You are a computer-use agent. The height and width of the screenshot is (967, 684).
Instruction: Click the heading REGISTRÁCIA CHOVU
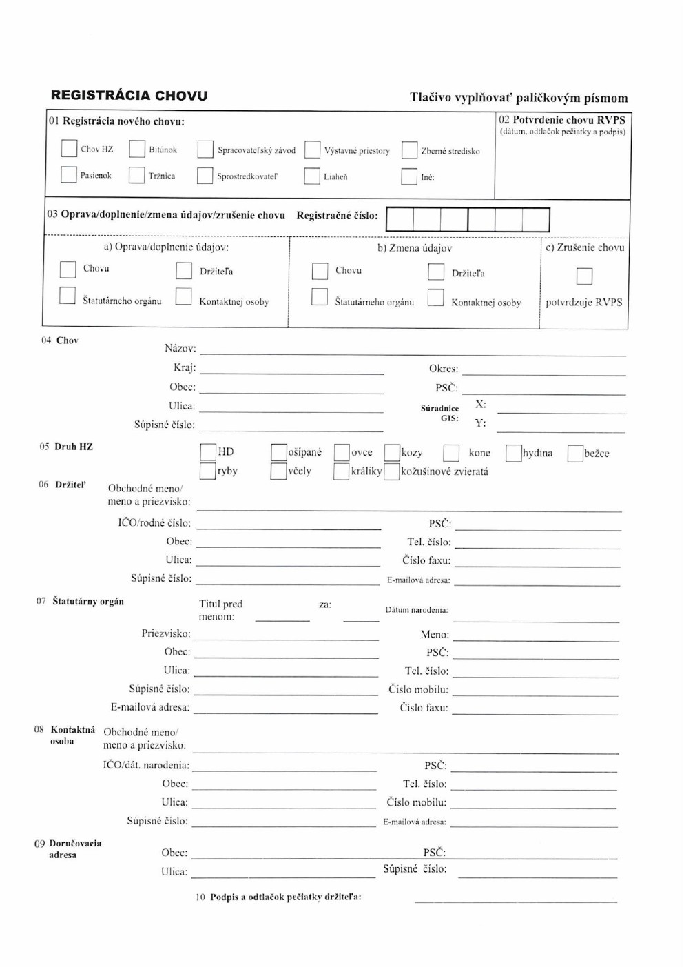[x=129, y=96]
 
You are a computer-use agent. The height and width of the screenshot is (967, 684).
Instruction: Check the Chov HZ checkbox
[x=69, y=149]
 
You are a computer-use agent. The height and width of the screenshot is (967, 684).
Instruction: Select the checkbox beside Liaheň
[x=312, y=176]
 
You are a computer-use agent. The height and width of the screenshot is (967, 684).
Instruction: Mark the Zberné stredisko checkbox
[x=409, y=150]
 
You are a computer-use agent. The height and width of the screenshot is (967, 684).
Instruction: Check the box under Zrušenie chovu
[x=584, y=276]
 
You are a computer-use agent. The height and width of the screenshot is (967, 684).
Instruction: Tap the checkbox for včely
[x=278, y=471]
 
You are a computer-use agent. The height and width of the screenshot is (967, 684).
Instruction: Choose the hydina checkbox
[x=513, y=453]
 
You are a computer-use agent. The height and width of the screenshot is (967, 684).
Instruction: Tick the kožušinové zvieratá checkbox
[x=391, y=472]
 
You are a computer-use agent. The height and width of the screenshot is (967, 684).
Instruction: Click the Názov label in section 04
[x=180, y=349]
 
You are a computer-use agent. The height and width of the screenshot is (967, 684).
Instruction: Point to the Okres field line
[x=543, y=374]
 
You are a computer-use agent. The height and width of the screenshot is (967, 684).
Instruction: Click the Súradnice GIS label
[x=439, y=414]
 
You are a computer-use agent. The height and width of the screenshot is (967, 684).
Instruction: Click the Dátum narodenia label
[x=417, y=610]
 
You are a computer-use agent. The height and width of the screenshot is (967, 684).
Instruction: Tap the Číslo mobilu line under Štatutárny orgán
[x=535, y=695]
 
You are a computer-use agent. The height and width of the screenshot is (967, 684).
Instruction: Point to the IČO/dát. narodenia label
[x=146, y=766]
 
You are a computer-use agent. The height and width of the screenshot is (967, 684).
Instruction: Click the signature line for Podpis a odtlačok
[x=515, y=901]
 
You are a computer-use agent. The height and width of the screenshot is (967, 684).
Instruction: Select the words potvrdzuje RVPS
[x=583, y=303]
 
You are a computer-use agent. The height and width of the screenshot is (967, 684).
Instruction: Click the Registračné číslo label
[x=337, y=216]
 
